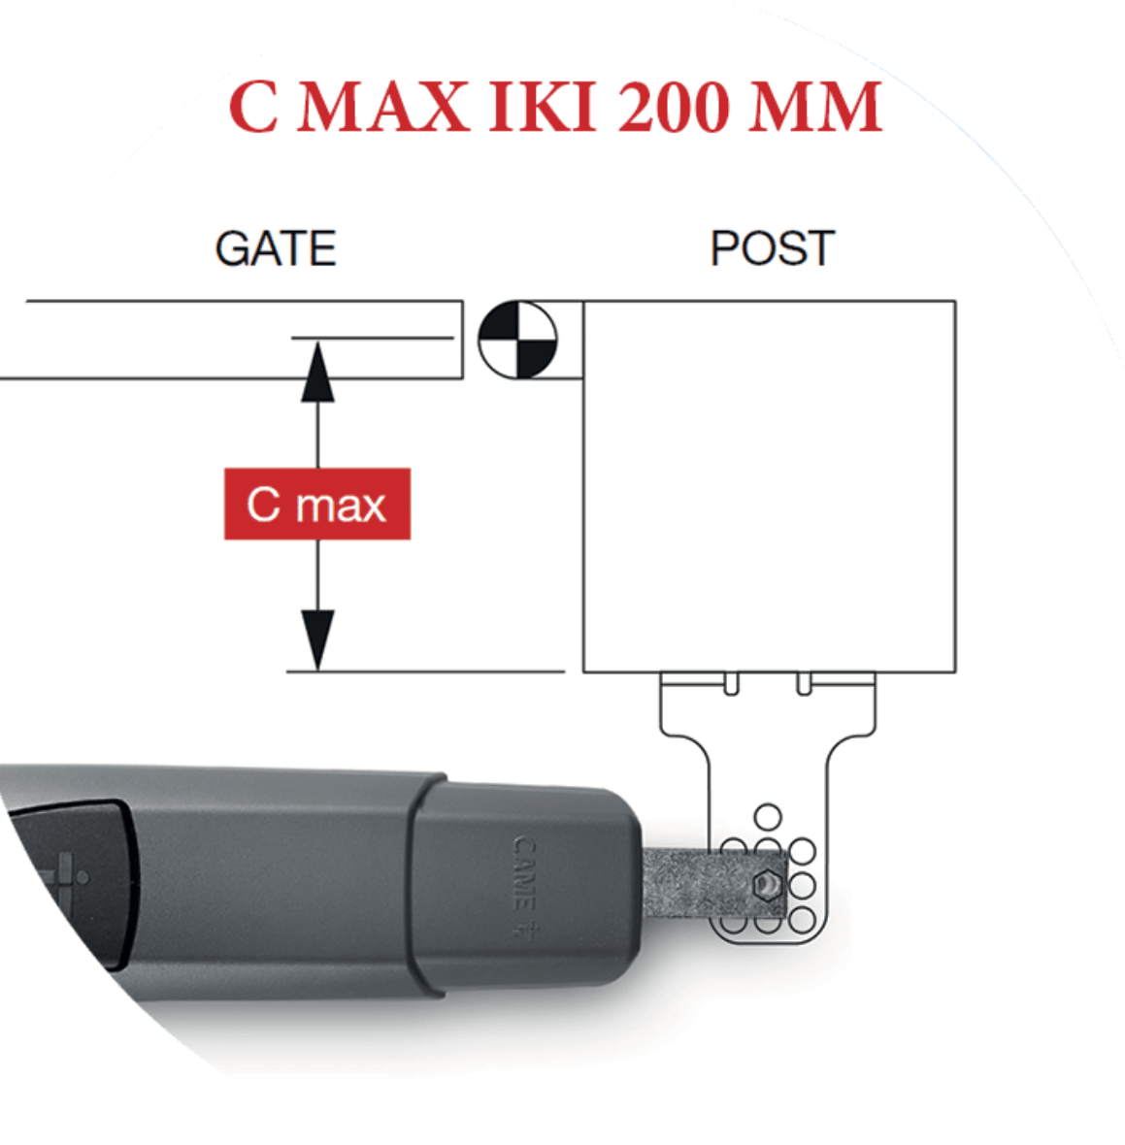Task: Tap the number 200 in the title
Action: (674, 107)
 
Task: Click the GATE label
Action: (276, 249)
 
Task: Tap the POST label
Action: (772, 248)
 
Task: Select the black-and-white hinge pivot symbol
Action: (518, 340)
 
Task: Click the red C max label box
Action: (317, 505)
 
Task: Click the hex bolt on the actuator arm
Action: (768, 884)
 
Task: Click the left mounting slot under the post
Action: (732, 684)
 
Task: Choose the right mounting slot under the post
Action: (804, 684)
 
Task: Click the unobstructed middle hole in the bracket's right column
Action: (802, 885)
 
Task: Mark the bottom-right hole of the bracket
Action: (802, 919)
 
